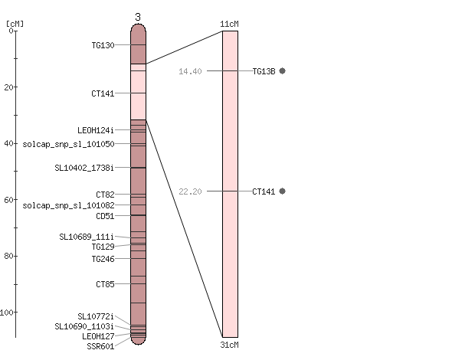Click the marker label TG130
(x=103, y=45)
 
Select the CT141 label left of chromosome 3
(x=103, y=93)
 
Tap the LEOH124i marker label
(x=96, y=130)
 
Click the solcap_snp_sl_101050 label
(x=68, y=144)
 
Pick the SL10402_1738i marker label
(x=84, y=168)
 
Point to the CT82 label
(x=105, y=195)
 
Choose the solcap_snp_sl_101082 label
(x=68, y=205)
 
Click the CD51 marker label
(x=105, y=216)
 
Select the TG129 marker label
(x=103, y=247)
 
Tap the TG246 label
(x=103, y=259)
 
